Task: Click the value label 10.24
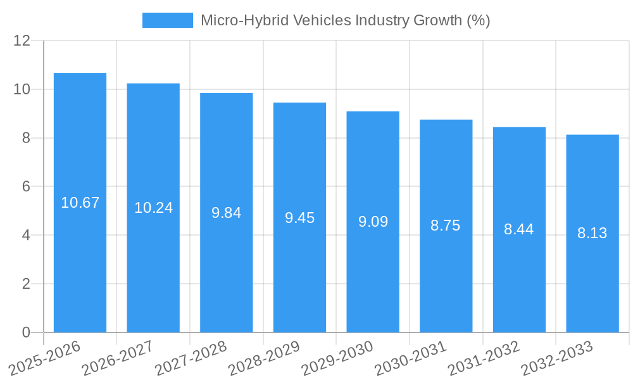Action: tap(153, 208)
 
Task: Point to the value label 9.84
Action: tap(226, 213)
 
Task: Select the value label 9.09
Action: tap(373, 222)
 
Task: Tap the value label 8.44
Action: tap(518, 229)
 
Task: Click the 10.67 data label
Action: tap(80, 203)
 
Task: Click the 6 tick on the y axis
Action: tap(26, 187)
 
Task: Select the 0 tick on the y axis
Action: tap(26, 332)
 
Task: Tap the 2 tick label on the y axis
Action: tap(26, 284)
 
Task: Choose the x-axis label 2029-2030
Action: tap(337, 357)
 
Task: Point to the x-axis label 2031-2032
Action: tap(484, 357)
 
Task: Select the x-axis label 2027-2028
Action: tap(191, 357)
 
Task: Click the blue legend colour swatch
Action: tap(167, 20)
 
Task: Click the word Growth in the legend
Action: tap(437, 20)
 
